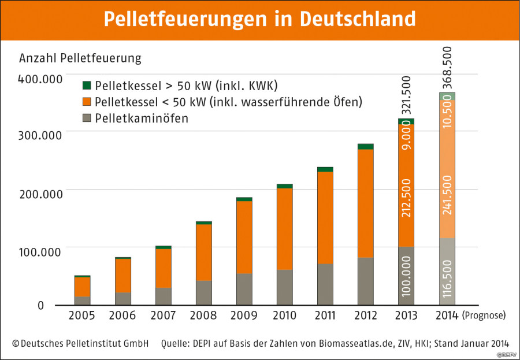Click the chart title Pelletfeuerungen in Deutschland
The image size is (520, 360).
coord(259,18)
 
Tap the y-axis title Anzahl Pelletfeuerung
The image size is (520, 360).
coord(80,58)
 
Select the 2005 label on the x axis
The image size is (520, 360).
coord(82,316)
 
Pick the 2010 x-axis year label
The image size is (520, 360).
coord(284,316)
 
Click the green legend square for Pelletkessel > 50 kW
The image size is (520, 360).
coord(87,86)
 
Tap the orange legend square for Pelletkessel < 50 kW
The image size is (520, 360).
coord(87,102)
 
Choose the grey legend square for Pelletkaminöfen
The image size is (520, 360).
coord(87,118)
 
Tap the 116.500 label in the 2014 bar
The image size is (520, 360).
coord(447,278)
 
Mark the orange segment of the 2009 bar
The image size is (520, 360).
coord(244,237)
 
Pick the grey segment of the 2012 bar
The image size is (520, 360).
coord(365,281)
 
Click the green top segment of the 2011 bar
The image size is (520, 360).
coord(325,169)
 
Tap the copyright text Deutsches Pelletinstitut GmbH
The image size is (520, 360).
coord(80,343)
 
